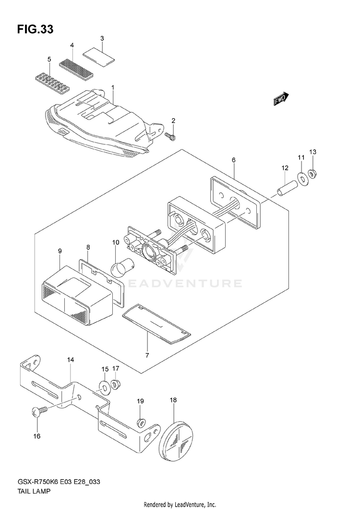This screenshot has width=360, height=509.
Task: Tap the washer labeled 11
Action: (302, 178)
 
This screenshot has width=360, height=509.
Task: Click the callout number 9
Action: (60, 251)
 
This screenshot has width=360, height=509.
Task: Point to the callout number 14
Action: (71, 359)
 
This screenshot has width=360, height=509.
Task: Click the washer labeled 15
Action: (104, 387)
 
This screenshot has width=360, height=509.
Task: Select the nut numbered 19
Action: (141, 422)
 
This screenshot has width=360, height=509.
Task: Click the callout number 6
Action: (234, 160)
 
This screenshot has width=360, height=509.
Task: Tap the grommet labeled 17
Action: (115, 384)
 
